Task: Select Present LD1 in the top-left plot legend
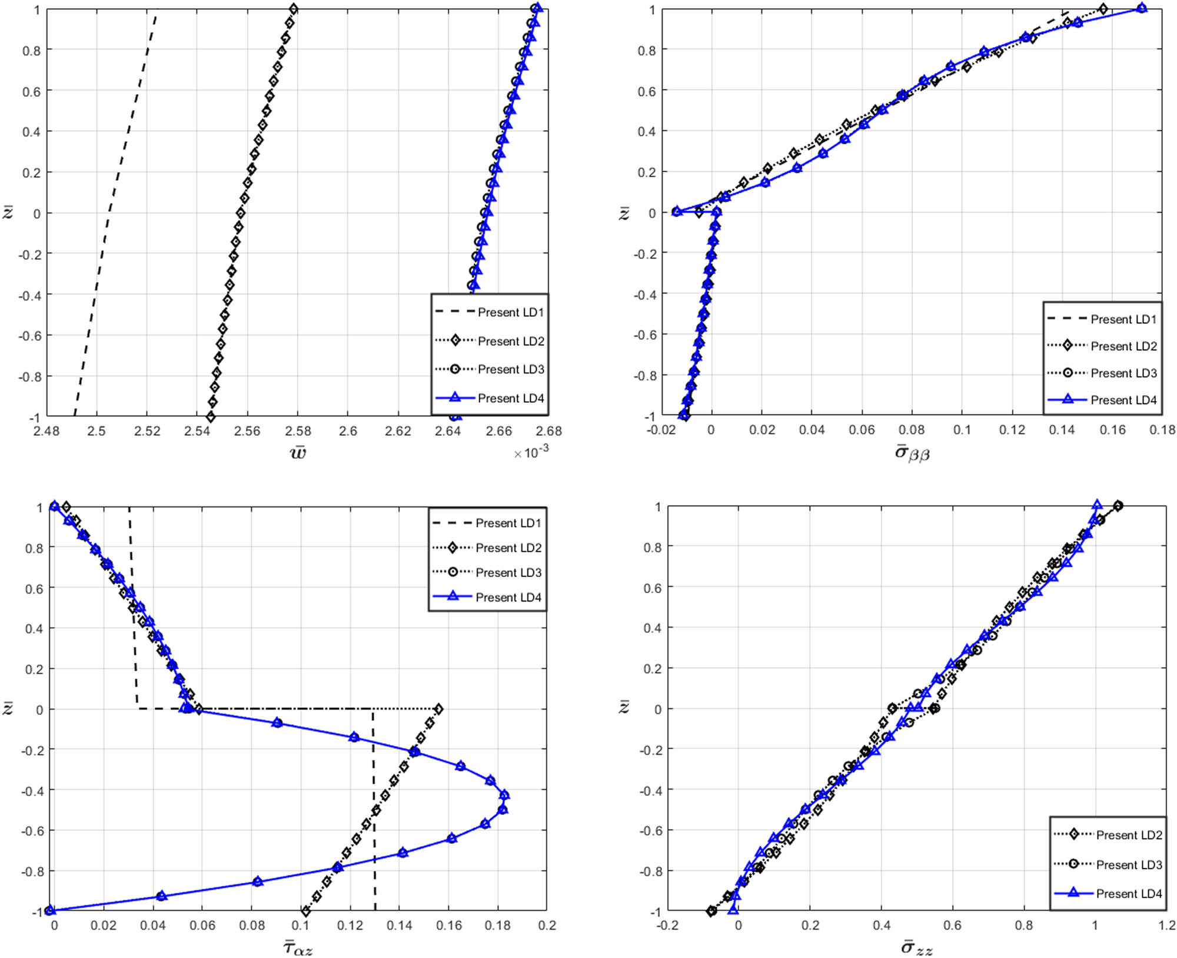click(510, 312)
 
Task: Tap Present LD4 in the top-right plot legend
click(1123, 400)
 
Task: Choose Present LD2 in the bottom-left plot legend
click(508, 548)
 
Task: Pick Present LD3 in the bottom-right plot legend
click(1128, 864)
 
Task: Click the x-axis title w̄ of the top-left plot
click(298, 452)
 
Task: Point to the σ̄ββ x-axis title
click(912, 453)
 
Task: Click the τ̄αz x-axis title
click(298, 947)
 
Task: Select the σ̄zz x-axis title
click(916, 947)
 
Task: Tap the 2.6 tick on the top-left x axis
click(348, 431)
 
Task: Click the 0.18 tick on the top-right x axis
click(1162, 430)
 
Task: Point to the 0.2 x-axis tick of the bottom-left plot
click(547, 925)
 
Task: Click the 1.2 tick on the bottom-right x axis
click(1166, 925)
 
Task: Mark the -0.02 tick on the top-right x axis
click(661, 430)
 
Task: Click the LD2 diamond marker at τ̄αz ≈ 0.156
click(438, 709)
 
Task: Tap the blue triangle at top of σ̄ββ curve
click(1142, 8)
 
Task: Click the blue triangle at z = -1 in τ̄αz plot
click(50, 910)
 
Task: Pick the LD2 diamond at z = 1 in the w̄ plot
click(294, 9)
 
